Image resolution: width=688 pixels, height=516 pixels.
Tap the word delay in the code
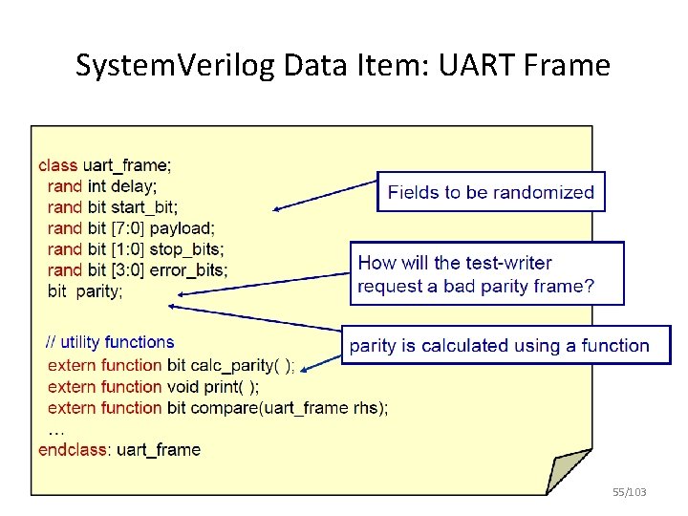[x=135, y=185]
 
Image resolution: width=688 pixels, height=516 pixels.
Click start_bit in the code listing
[x=144, y=206]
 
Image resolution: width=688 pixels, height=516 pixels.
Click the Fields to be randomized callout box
[x=490, y=192]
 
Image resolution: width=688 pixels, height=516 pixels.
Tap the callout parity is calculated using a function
[x=505, y=346]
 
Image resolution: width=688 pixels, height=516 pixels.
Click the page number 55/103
[x=629, y=491]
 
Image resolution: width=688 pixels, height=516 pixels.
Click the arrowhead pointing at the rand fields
[x=276, y=208]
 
